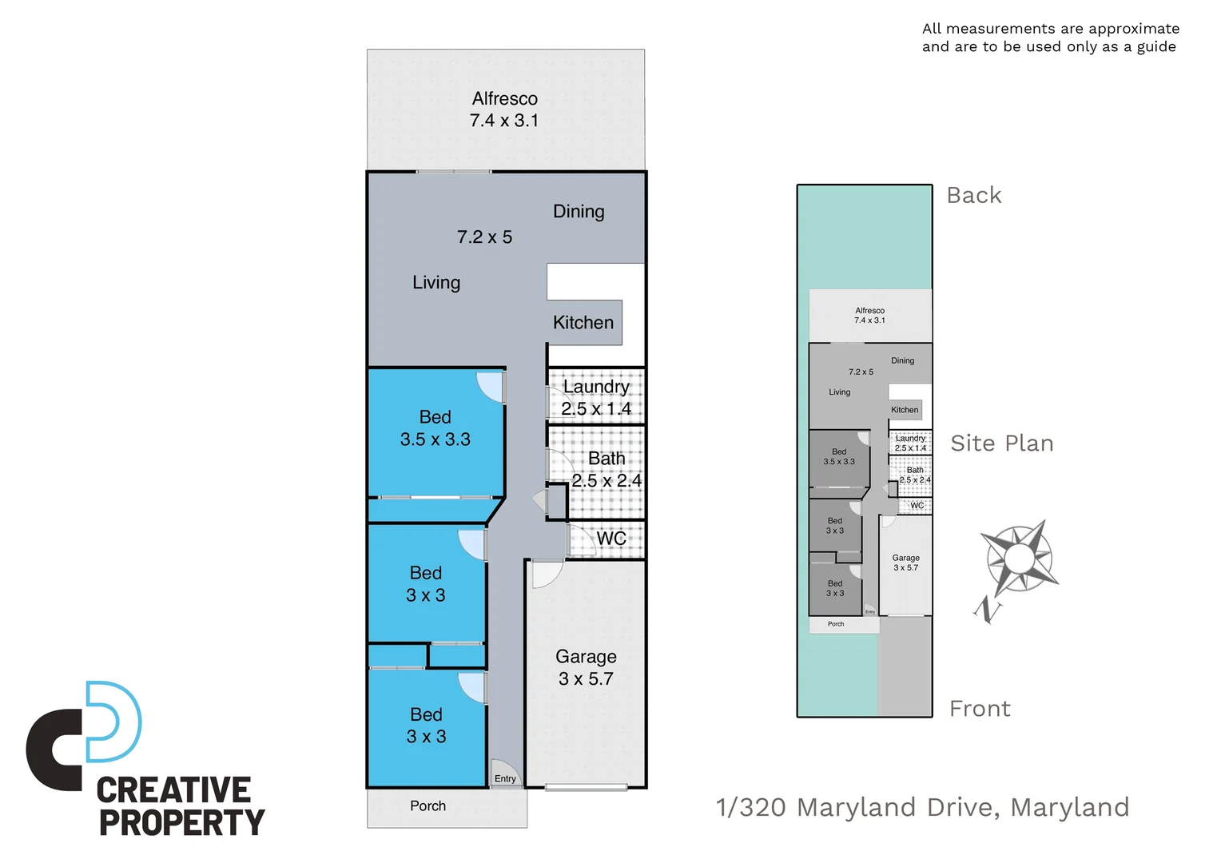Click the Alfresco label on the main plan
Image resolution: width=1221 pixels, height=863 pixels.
point(504,99)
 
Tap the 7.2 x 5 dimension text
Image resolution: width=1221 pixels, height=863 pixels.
point(484,237)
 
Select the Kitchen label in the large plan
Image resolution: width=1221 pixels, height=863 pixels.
point(583,323)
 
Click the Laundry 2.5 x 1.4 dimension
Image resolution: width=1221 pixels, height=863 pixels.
point(596,409)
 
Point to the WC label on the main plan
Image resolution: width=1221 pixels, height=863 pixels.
point(611,539)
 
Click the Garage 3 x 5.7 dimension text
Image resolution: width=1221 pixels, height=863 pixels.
point(586,679)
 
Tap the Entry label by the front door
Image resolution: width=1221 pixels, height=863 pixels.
point(505,779)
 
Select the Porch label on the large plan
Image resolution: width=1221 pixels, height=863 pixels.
point(428,806)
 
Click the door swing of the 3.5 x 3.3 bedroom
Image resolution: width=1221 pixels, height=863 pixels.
point(490,386)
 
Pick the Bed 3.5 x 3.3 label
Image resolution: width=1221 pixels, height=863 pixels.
point(435,428)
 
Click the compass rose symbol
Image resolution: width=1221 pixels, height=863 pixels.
point(1018,557)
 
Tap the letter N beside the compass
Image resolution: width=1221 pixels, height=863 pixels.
point(988,611)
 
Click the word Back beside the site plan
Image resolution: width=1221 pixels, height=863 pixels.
point(973,196)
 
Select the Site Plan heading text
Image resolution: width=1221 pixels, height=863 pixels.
point(1001,443)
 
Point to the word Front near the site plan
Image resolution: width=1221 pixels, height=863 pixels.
point(980,709)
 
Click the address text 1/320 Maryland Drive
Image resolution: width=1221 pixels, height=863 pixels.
point(922,808)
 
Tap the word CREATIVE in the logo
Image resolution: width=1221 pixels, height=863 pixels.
point(173,790)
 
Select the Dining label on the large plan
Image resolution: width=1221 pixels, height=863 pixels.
point(579,212)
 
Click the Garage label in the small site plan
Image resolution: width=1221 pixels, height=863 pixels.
point(905,558)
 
